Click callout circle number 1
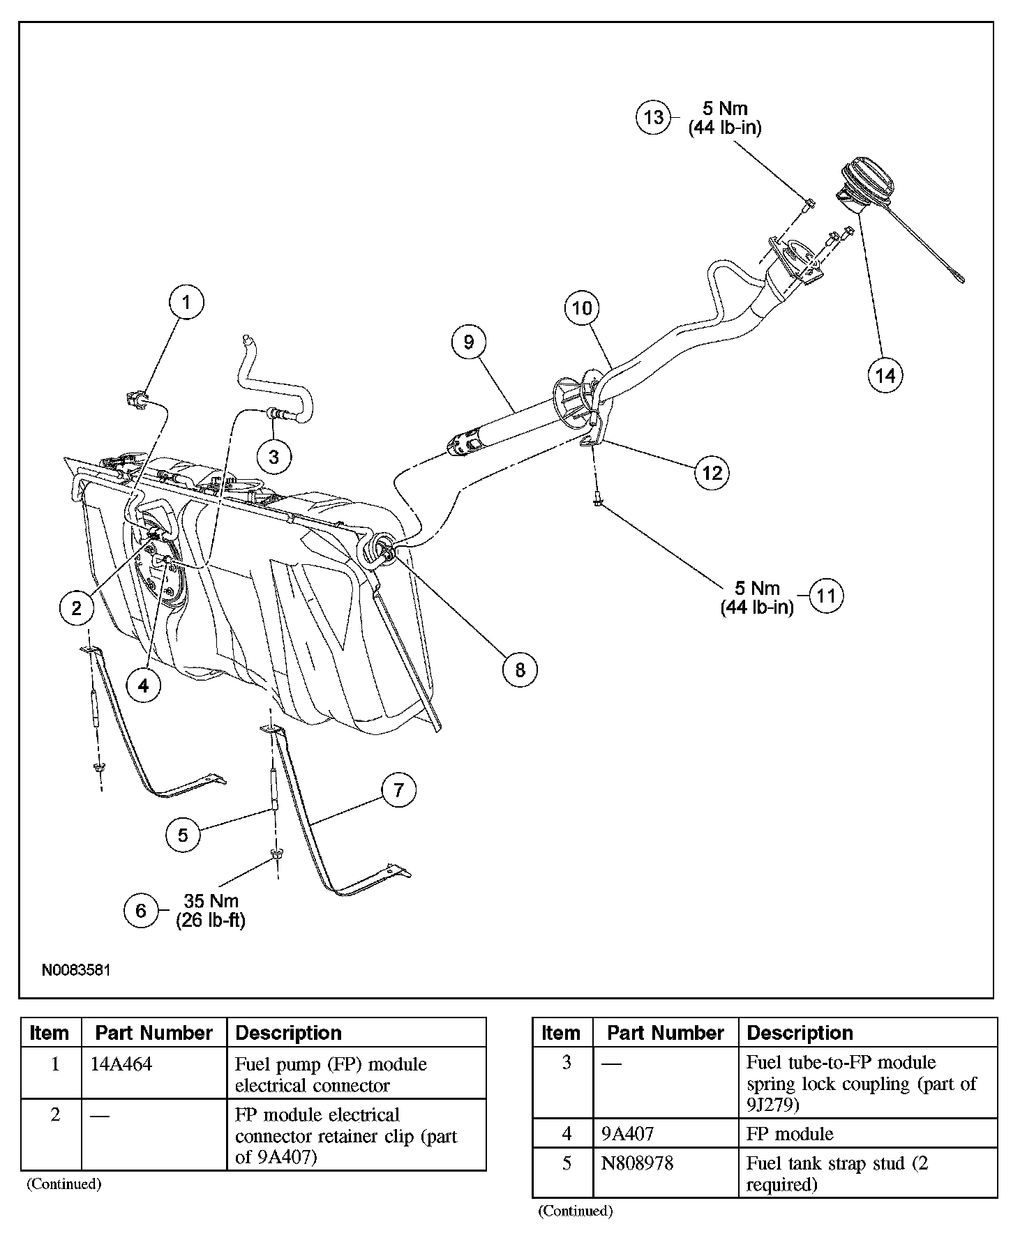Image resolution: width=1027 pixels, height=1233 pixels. coord(186,302)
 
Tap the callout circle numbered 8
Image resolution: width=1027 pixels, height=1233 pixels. coord(520,670)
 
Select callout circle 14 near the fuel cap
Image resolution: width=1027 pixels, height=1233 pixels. coord(885,375)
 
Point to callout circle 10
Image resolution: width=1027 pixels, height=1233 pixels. coord(582,308)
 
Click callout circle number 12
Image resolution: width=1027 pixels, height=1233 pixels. coord(712,473)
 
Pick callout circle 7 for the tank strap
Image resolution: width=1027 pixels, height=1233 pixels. coord(398,790)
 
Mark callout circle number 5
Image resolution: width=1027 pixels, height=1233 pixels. coord(183,835)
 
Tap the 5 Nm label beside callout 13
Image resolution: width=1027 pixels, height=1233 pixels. coord(724,109)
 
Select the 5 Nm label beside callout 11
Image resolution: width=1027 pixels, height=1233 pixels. coord(757,588)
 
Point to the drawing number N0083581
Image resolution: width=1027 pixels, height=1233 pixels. coord(75,970)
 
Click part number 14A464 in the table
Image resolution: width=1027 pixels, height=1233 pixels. coord(121,1065)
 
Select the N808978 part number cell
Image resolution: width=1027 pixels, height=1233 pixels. coord(637,1163)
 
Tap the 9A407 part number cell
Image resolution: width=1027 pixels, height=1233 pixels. coord(627,1134)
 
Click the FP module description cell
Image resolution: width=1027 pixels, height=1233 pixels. coord(790,1134)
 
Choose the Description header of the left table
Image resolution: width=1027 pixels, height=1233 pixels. coord(288,1033)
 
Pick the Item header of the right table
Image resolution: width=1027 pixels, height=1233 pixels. coord(560,1033)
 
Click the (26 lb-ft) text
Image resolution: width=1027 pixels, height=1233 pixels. coord(211,920)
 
